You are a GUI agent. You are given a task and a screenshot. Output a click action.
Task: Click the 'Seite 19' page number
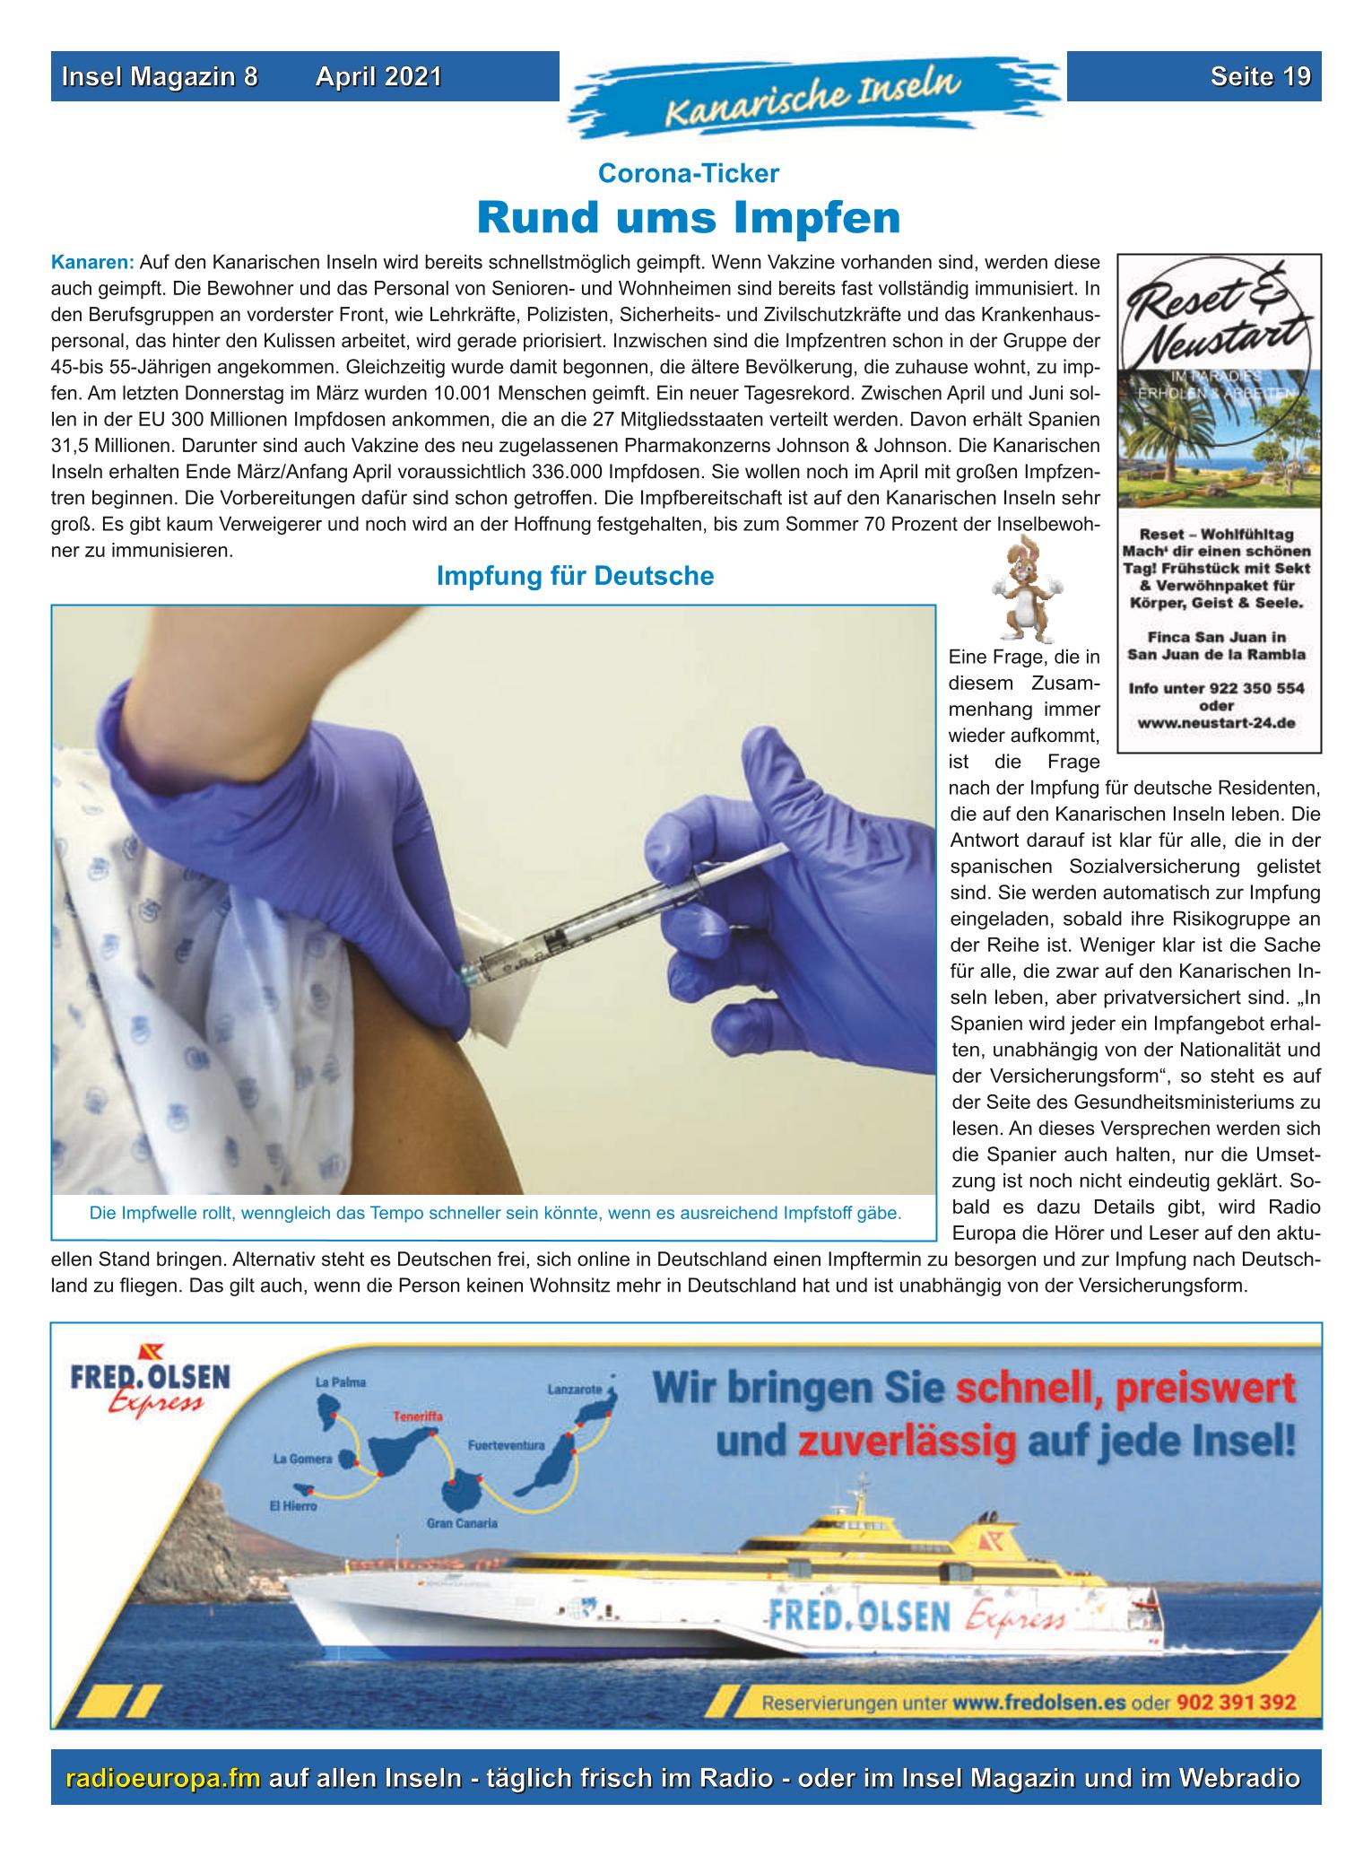[1259, 77]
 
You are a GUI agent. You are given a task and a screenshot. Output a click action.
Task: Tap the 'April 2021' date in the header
[378, 77]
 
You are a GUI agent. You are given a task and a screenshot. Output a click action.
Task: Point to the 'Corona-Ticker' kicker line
[688, 173]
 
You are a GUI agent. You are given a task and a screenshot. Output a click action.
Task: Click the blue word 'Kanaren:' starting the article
[92, 264]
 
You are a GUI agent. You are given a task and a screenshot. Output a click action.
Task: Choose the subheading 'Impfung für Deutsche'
[575, 576]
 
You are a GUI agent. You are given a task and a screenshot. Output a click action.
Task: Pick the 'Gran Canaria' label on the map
[462, 1523]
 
